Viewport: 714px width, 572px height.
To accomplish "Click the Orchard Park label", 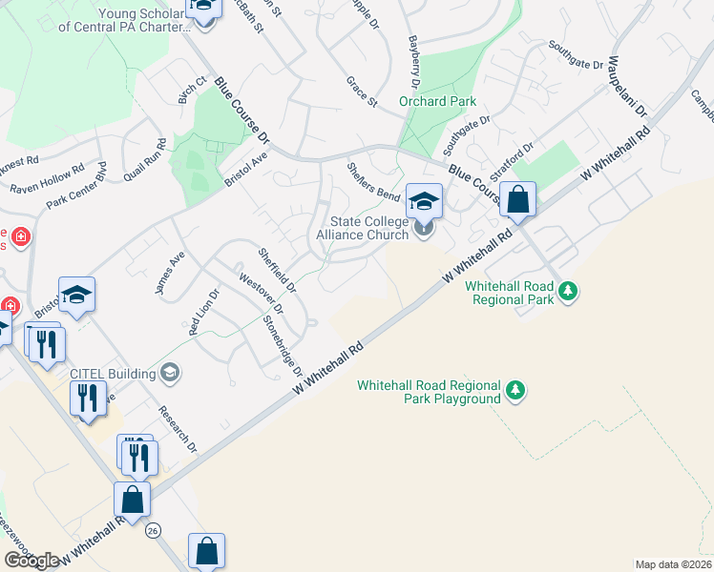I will coord(437,101).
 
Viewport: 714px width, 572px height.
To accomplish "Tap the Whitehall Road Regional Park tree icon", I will coord(569,289).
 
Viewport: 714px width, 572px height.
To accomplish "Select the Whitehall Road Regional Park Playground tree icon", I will coord(515,390).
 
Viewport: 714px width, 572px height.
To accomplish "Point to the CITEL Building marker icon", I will coord(170,371).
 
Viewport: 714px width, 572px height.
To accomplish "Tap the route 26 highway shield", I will coord(153,530).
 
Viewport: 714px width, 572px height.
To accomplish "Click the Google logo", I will coord(31,560).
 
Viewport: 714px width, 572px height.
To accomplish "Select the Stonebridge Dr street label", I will coord(290,345).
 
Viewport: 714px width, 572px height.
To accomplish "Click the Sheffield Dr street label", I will coord(278,271).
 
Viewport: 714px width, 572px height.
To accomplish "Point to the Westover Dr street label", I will coord(261,296).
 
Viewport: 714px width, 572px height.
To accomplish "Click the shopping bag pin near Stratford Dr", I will coord(517,201).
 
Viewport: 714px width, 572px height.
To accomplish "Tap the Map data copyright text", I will coord(673,564).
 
